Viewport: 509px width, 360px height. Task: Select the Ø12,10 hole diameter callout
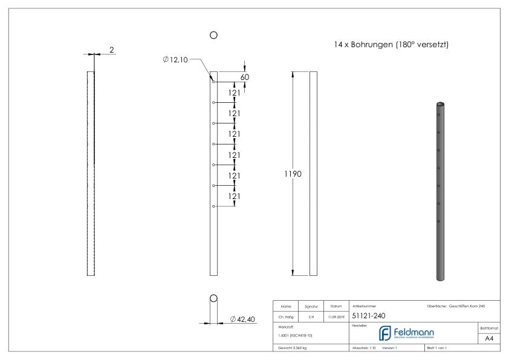click(x=175, y=59)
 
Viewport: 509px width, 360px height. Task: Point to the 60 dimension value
click(x=244, y=77)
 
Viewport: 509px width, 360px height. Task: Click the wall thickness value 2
click(x=112, y=50)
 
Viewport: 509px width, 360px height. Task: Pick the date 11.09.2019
click(x=335, y=316)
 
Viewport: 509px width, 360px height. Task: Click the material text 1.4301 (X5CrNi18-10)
click(x=296, y=335)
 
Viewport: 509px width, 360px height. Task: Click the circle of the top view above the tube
click(x=213, y=36)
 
